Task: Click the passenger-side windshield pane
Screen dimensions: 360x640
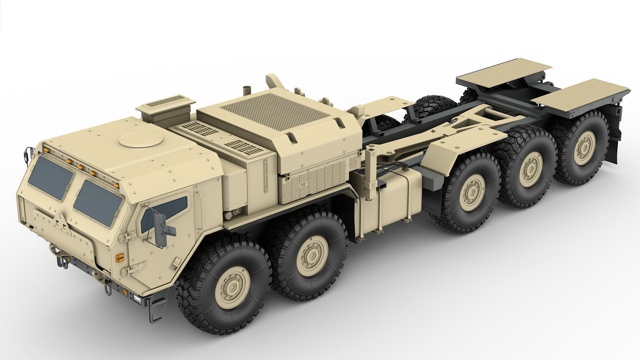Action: click(51, 178)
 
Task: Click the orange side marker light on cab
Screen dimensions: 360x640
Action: click(119, 257)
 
